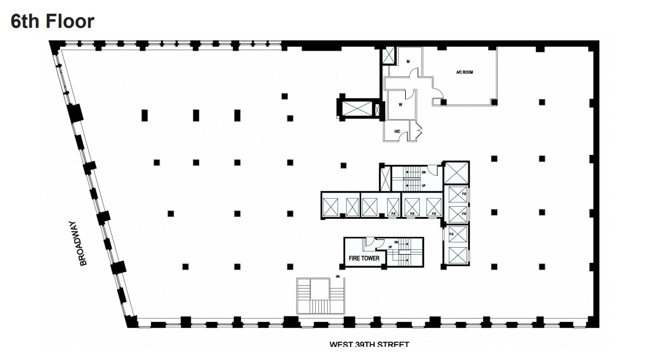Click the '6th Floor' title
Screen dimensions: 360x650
(52, 21)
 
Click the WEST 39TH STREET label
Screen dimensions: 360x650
(369, 344)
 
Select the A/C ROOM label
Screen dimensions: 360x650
(464, 71)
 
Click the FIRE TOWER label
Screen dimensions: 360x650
(364, 259)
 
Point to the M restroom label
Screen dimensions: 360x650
(407, 62)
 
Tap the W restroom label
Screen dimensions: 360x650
(400, 106)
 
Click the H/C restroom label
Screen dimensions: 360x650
(398, 131)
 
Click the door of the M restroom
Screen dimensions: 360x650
(414, 72)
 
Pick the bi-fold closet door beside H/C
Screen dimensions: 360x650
(418, 130)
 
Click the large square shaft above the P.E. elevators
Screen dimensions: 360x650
(456, 173)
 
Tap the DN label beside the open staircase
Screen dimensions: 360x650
(338, 277)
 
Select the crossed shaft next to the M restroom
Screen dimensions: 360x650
(389, 56)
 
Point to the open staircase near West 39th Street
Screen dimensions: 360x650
(321, 296)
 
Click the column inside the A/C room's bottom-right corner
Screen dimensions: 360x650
(493, 101)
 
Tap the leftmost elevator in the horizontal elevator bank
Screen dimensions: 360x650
(332, 207)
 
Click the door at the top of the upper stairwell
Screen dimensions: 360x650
(431, 170)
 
